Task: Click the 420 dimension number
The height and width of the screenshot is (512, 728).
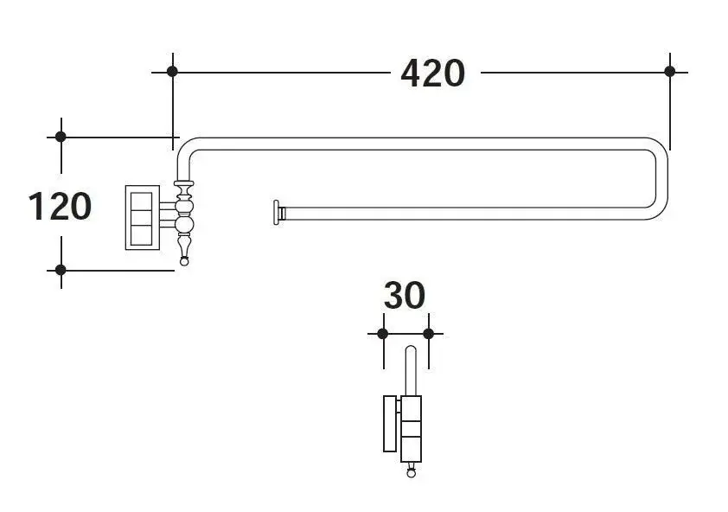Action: pos(432,74)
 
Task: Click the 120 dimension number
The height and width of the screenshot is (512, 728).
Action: pos(60,206)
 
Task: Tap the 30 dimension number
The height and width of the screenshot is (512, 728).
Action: pos(405,296)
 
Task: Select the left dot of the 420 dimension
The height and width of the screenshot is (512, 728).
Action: pos(172,72)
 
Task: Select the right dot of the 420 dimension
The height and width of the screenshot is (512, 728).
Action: pos(669,72)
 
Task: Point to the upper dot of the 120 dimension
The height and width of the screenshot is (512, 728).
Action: pos(61,137)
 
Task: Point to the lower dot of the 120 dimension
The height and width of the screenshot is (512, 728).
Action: pos(61,270)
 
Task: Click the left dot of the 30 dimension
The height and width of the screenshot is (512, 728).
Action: pos(382,334)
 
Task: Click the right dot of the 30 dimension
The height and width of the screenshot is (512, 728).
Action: pos(429,334)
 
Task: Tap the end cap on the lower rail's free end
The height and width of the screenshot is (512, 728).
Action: pos(278,213)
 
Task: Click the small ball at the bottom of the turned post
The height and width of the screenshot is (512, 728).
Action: pos(184,261)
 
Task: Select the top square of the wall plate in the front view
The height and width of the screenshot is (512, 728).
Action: pos(141,201)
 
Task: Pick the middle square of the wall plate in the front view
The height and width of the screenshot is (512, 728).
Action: pos(141,217)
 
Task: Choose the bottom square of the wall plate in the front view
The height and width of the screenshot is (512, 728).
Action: pos(141,235)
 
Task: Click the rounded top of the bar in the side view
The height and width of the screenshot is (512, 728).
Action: pos(411,349)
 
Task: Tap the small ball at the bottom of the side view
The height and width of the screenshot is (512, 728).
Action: pos(411,473)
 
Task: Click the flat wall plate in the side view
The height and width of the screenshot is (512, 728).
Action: pos(390,423)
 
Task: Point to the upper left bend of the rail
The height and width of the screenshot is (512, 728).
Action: pos(185,147)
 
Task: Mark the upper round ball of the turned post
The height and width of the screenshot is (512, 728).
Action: pos(184,207)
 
